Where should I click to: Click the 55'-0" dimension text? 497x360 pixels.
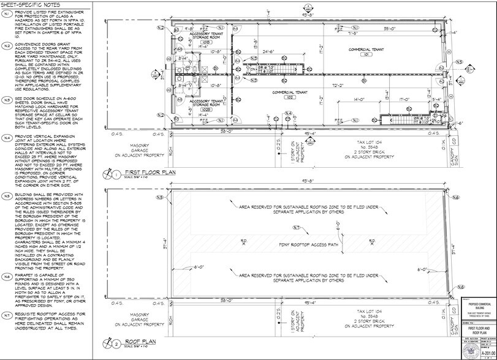tap(389, 28)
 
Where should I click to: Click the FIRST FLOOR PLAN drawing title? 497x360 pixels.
tap(150, 173)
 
